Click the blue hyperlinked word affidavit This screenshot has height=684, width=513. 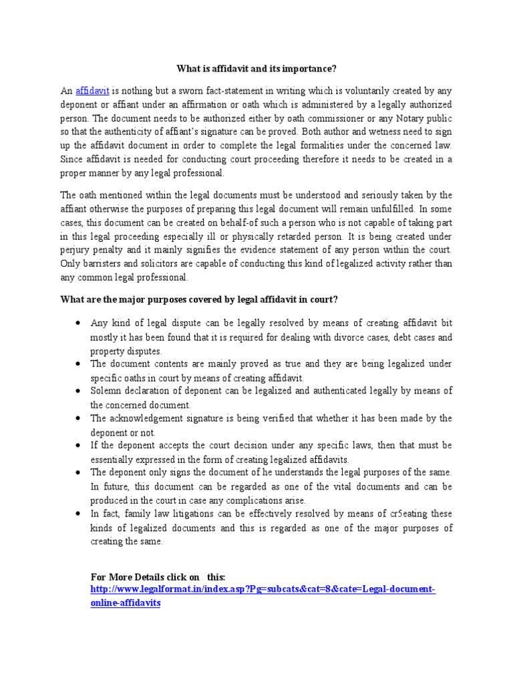92,90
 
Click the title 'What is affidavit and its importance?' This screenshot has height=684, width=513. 256,68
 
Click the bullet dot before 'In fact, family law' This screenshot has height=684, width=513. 78,514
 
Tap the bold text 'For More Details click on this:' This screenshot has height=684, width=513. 158,577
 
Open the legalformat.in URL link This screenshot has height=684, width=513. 262,590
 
